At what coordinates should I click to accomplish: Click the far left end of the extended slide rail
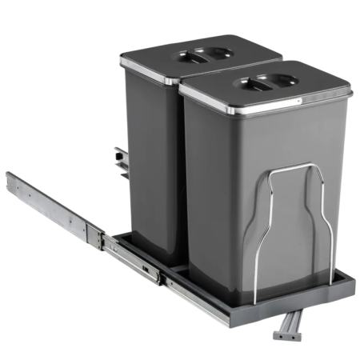click(x=11, y=180)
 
